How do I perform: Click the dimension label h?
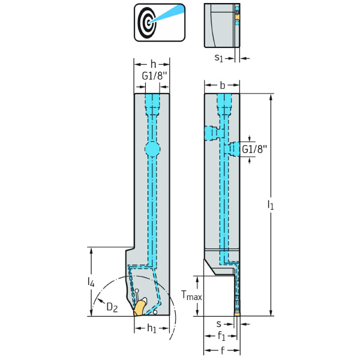(x=152, y=64)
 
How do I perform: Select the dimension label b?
(x=222, y=86)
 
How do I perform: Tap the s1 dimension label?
(x=220, y=58)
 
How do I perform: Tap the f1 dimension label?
(x=222, y=336)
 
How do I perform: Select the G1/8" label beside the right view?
(x=254, y=149)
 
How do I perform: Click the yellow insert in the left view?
(x=140, y=308)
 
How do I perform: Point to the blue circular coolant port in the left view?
(x=152, y=148)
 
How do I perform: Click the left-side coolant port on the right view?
(x=211, y=131)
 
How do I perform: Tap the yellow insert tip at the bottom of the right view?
(x=237, y=313)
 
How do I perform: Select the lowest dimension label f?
(x=222, y=349)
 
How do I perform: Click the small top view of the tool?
(x=223, y=25)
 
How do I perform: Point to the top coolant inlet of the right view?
(x=223, y=102)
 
